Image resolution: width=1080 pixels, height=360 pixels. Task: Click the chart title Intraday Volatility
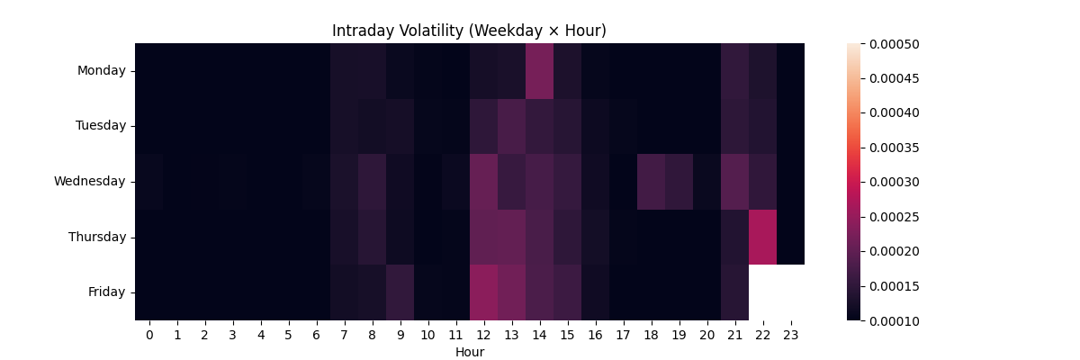[469, 31]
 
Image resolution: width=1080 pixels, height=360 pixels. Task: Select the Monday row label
[101, 70]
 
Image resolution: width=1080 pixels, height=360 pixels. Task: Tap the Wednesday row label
[89, 181]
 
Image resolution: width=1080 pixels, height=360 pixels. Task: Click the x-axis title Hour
[469, 352]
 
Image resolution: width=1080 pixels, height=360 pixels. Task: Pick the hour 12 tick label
[483, 335]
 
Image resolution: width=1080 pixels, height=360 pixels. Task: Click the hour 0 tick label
[149, 335]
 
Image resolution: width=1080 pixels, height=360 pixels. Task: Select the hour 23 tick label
[790, 335]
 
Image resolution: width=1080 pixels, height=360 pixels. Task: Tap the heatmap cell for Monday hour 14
[539, 71]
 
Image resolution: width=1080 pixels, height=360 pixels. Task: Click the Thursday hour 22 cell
[762, 237]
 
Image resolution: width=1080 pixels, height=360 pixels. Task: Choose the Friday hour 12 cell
[483, 292]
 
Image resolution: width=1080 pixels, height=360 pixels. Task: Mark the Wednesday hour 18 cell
[651, 182]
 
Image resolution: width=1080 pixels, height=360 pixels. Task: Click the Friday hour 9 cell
[400, 292]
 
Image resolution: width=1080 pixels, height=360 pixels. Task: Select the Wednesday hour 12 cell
[483, 182]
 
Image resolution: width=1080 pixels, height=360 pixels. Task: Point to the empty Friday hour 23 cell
[790, 292]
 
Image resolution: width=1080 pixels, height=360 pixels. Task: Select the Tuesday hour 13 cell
[511, 126]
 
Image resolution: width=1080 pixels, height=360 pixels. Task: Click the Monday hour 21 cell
[734, 71]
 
